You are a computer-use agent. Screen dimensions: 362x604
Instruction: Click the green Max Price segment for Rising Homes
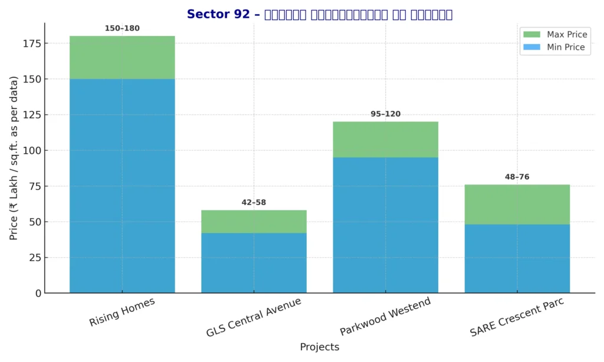[122, 57]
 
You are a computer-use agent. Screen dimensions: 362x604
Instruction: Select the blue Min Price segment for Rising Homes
[122, 186]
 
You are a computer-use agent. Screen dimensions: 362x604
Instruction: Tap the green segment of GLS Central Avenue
[254, 222]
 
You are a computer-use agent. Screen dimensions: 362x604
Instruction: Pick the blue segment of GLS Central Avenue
[254, 263]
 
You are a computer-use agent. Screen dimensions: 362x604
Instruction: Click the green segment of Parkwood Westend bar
[385, 140]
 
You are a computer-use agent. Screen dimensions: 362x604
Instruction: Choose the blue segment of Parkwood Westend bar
[385, 225]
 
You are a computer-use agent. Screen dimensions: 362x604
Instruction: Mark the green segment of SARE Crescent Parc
[517, 205]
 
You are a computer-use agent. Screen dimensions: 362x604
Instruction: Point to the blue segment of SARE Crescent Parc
[517, 259]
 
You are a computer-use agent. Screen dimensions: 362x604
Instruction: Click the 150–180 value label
[122, 28]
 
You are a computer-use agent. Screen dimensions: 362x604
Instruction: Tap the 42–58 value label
[254, 202]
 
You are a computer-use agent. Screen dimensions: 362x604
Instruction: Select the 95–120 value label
[385, 114]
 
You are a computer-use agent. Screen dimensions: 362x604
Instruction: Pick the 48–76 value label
[517, 177]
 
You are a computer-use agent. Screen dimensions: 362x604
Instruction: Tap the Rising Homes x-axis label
[122, 312]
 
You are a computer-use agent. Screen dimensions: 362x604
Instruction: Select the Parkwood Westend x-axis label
[385, 317]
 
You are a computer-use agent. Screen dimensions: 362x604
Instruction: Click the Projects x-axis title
[319, 347]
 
